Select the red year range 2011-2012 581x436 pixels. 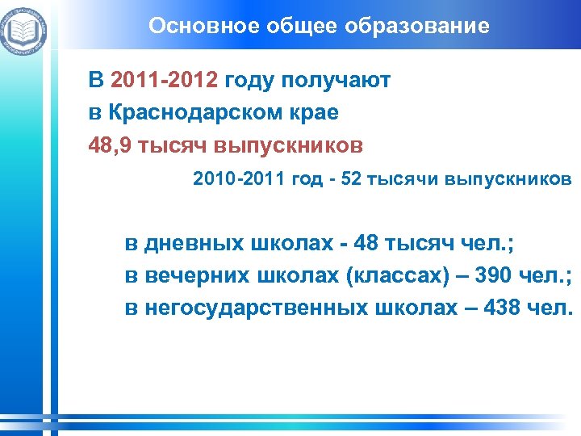[x=165, y=81]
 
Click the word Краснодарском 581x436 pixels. [x=191, y=113]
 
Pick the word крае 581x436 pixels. [x=311, y=113]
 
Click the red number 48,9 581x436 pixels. [x=111, y=145]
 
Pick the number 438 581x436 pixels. [x=492, y=308]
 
